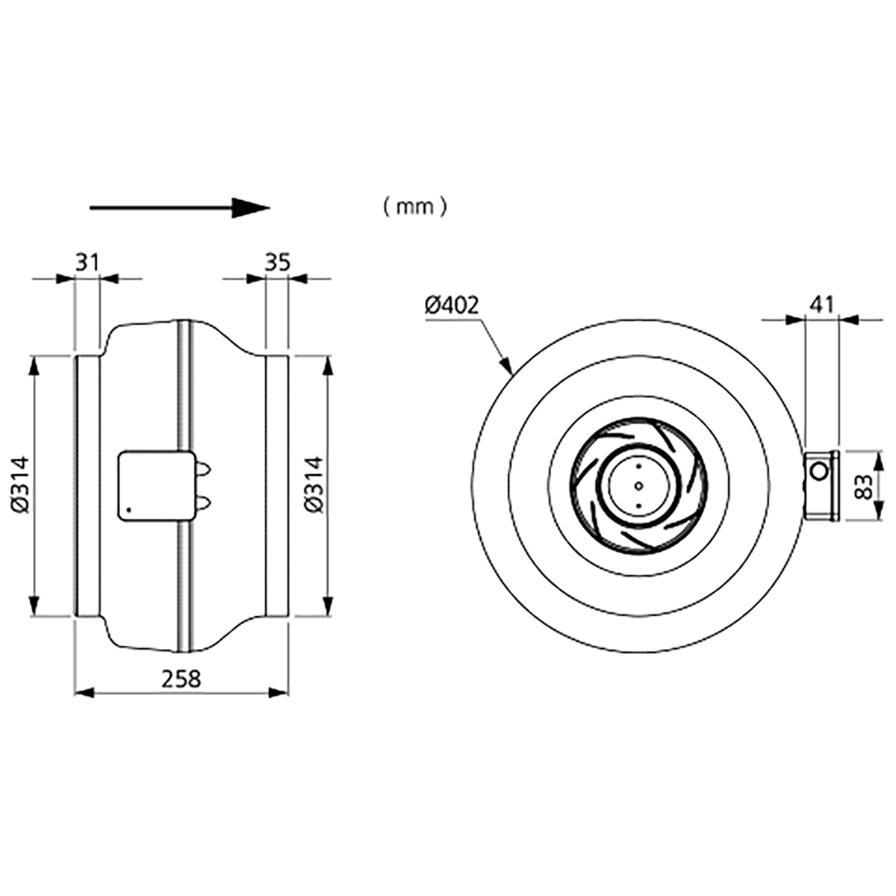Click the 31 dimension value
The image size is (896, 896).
point(87,263)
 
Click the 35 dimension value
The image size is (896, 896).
point(278,263)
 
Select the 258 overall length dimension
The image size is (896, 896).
point(181,679)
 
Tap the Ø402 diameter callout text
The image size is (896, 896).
point(452,306)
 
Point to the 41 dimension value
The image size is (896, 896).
point(822,305)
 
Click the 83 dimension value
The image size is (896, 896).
point(865,486)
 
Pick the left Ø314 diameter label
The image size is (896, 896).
point(20,485)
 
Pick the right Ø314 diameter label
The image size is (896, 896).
point(314,485)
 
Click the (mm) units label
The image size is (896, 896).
point(414,206)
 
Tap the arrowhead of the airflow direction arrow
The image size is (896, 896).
point(251,208)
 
